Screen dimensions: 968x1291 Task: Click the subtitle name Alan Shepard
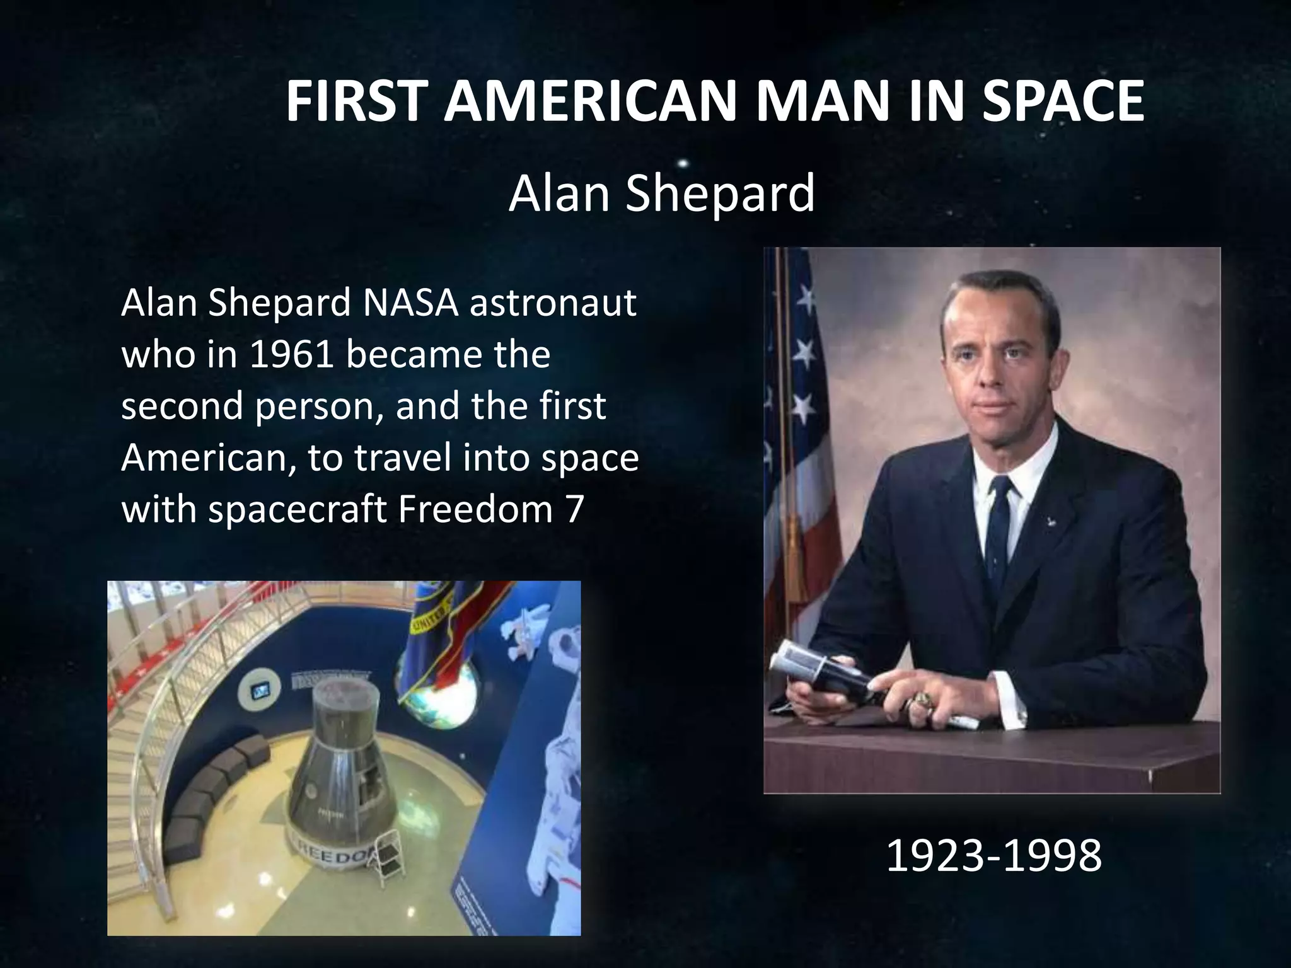661,193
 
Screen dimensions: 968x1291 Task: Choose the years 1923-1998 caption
993,856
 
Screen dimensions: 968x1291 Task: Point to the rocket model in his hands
819,677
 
